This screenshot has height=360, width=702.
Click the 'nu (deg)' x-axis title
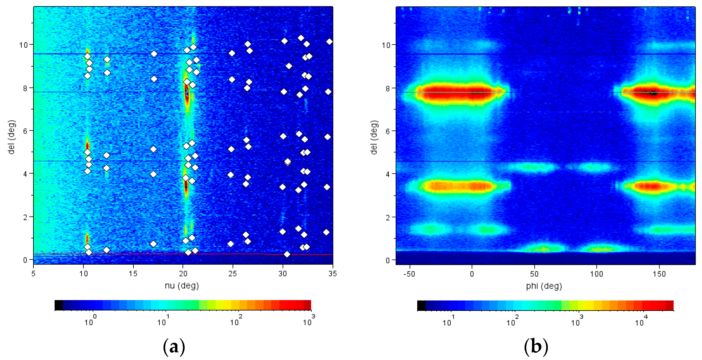182,286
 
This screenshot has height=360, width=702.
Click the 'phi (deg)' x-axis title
544,286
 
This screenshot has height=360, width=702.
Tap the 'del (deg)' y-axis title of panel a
12,137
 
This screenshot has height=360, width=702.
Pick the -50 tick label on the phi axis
409,274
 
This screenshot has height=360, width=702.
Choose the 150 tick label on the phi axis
659,274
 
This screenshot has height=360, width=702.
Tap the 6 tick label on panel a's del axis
25,131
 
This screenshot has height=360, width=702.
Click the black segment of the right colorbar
421,306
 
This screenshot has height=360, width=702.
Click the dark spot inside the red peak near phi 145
653,93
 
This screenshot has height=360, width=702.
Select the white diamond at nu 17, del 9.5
154,54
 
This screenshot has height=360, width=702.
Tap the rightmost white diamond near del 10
329,42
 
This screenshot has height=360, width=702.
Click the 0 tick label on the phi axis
472,274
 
